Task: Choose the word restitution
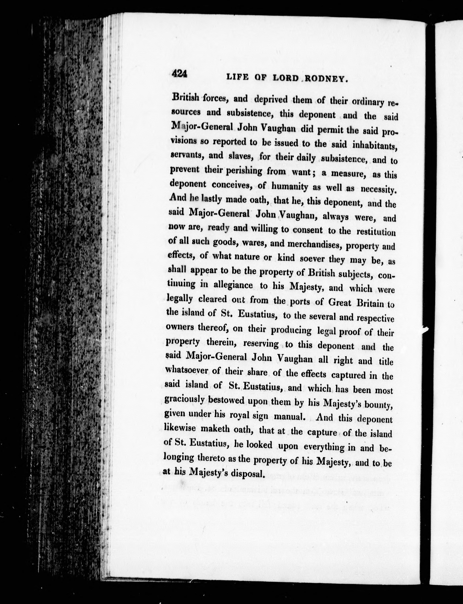click(376, 232)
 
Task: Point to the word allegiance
click(233, 285)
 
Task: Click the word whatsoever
click(188, 370)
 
